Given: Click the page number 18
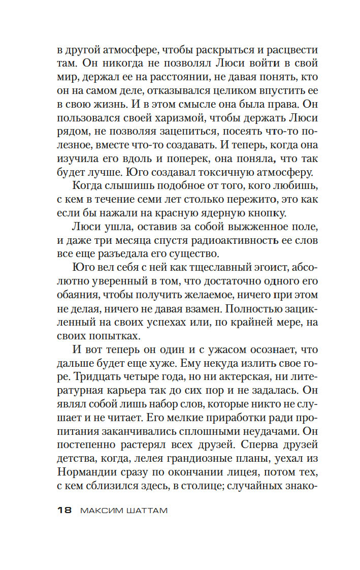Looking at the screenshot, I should tap(65, 510).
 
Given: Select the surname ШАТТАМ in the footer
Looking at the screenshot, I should tap(146, 510).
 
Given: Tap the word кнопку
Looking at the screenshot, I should tap(280, 210).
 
